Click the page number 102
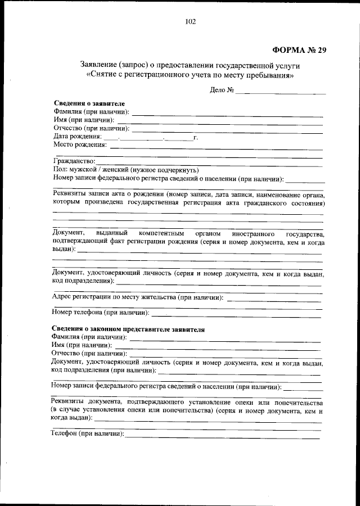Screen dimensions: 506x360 click(190, 22)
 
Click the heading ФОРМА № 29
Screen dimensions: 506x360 click(295, 49)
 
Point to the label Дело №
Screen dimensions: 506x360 click(221, 90)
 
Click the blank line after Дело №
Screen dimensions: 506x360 click(281, 92)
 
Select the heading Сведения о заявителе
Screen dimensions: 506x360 click(89, 103)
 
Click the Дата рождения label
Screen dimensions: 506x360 click(78, 136)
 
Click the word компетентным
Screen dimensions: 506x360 click(161, 233)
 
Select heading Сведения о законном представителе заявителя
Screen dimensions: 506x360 click(128, 329)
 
